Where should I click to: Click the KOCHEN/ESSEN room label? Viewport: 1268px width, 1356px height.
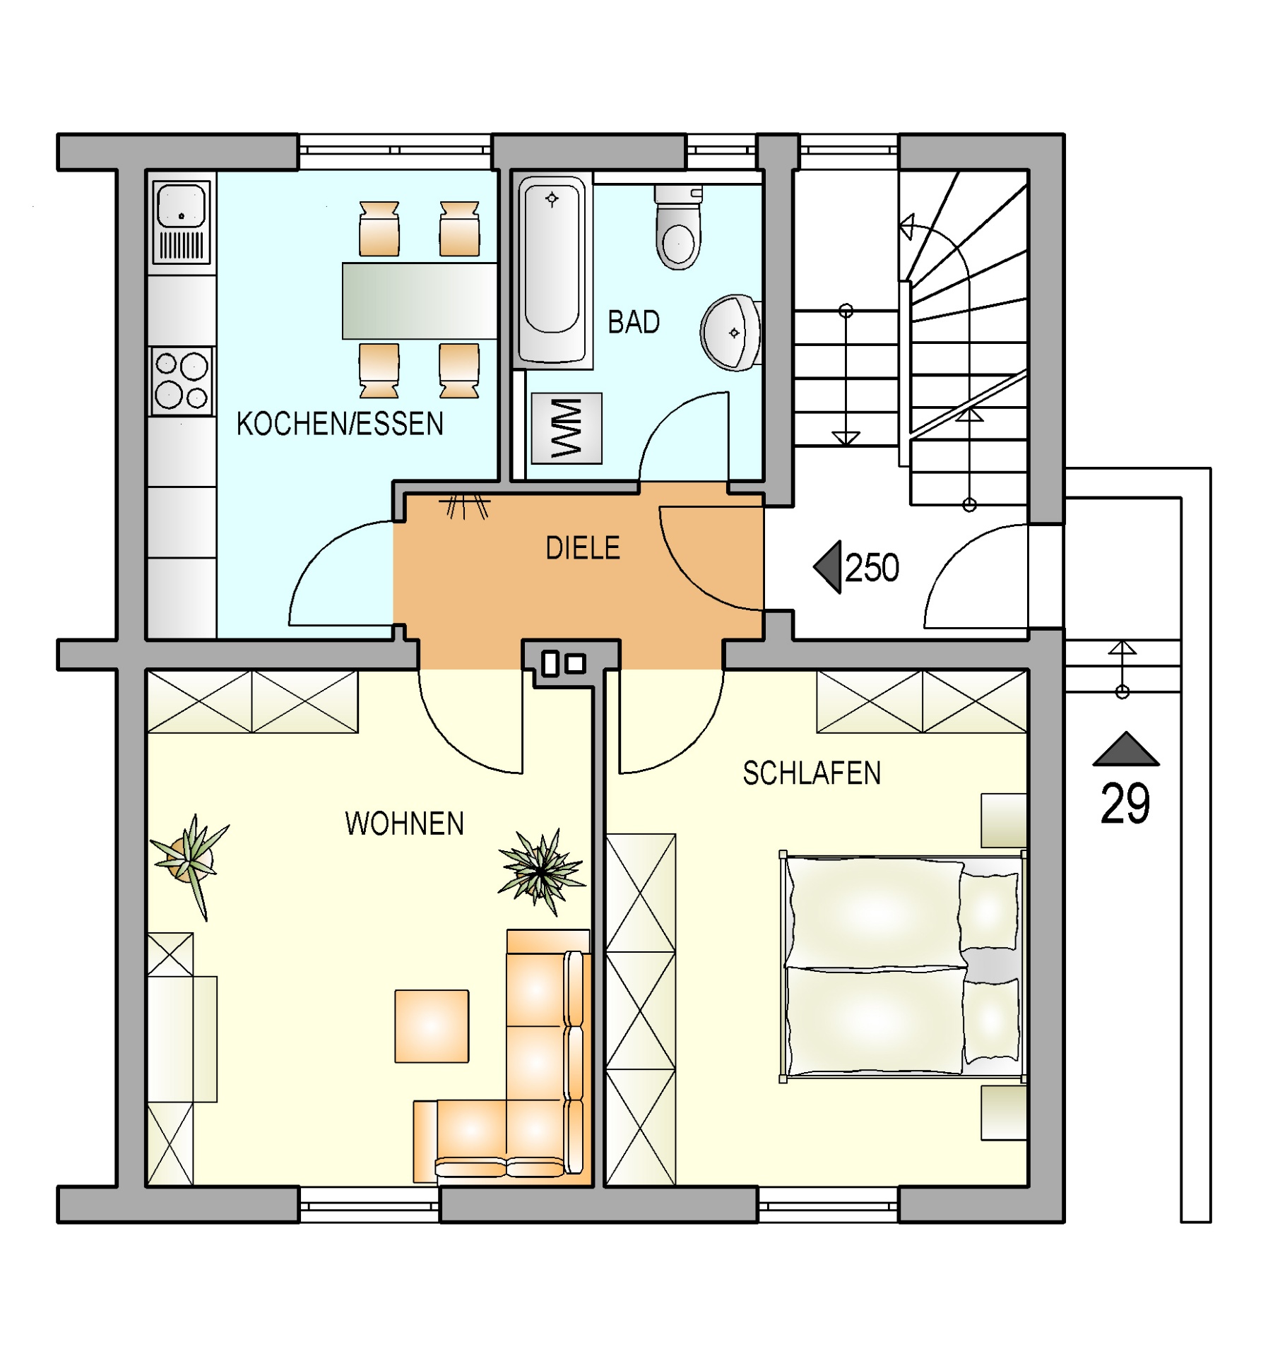point(340,424)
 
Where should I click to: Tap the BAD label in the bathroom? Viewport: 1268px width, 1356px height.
point(634,322)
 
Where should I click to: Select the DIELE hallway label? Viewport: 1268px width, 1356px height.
point(583,548)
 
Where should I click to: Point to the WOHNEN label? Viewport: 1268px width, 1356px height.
point(404,823)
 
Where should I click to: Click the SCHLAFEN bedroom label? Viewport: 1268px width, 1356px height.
point(812,773)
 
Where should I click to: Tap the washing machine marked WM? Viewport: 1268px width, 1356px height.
point(567,428)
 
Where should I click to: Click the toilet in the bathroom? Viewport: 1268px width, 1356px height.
point(679,227)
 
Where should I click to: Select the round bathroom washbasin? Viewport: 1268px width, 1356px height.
point(731,333)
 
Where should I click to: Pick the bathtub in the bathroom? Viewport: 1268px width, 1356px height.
point(552,271)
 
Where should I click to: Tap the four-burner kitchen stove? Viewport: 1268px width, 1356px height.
point(182,381)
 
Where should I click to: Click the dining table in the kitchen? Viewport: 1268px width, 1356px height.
point(420,301)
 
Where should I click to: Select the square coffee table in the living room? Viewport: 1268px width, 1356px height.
point(432,1026)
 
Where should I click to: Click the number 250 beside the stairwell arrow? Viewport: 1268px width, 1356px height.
point(872,568)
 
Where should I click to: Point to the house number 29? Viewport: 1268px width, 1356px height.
point(1125,804)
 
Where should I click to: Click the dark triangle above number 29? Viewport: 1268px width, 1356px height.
point(1126,749)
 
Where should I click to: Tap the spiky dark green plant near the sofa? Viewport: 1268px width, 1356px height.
point(542,872)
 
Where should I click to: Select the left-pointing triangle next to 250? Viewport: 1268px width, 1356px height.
point(827,567)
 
